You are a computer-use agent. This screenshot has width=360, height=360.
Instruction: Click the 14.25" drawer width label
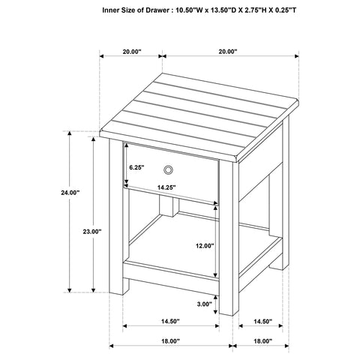click(166, 187)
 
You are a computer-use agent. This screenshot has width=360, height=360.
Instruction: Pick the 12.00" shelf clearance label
click(204, 245)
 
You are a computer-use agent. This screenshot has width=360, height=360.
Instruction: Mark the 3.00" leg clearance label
click(204, 304)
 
